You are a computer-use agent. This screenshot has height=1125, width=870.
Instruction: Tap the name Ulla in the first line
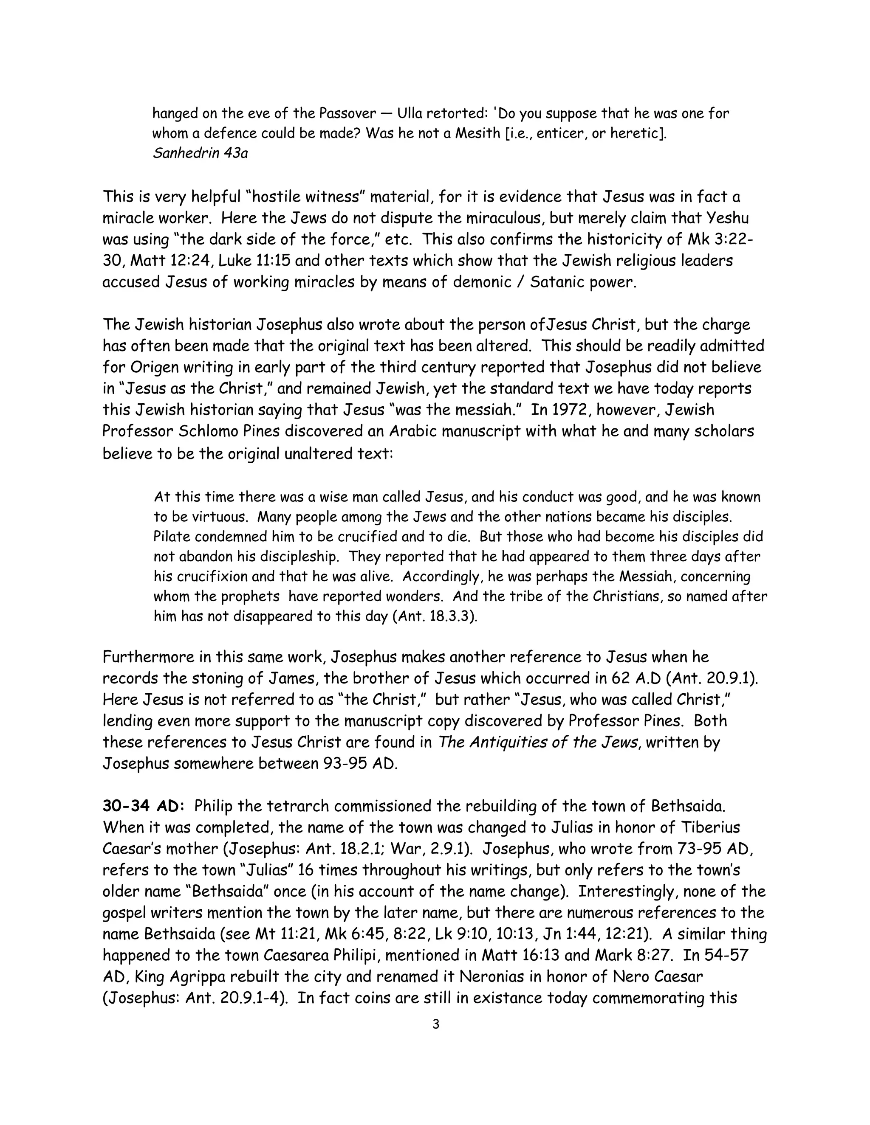pyautogui.click(x=414, y=113)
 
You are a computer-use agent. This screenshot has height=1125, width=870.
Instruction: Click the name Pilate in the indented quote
pyautogui.click(x=172, y=537)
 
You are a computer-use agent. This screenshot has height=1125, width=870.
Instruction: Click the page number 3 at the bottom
pyautogui.click(x=435, y=1024)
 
